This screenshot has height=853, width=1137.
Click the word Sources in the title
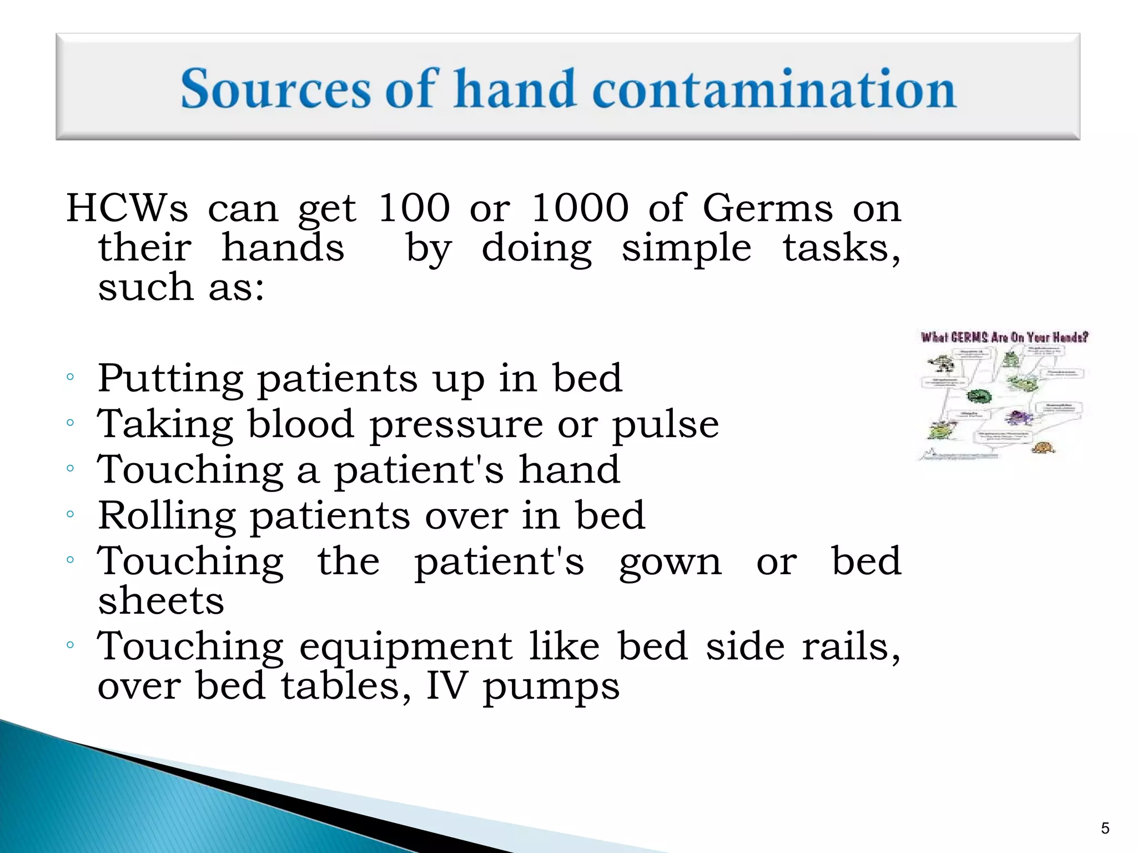[x=275, y=89]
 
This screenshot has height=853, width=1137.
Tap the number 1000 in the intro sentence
[x=580, y=208]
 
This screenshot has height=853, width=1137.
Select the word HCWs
[x=127, y=208]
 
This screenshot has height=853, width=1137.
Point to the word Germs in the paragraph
[x=768, y=208]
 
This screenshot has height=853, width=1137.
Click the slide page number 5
[x=1105, y=829]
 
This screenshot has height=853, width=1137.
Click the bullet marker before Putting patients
[x=70, y=378]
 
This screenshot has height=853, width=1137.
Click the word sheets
[x=161, y=601]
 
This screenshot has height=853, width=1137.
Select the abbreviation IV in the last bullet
[x=446, y=686]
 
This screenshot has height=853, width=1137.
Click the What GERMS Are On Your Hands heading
[x=1004, y=337]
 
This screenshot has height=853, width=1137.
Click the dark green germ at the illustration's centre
[x=978, y=397]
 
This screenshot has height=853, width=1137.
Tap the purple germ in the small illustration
[x=1019, y=418]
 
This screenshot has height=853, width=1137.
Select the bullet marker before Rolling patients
[x=70, y=514]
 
